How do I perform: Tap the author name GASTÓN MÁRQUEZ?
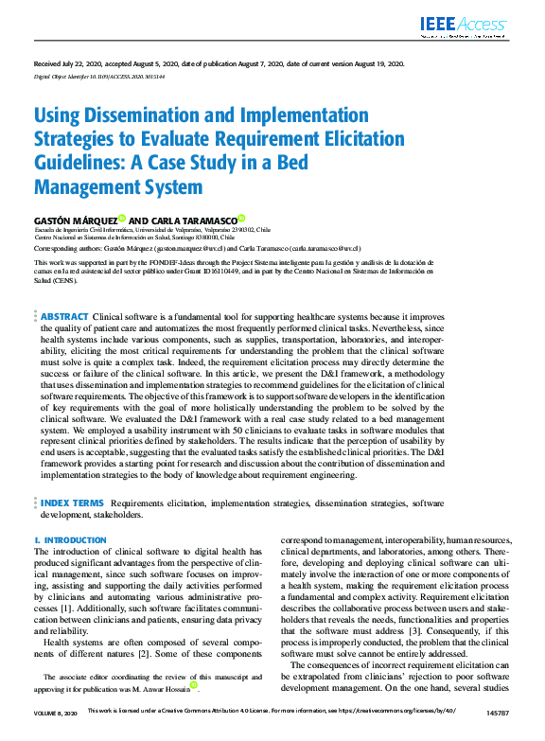(x=76, y=219)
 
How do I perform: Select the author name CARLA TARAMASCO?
(x=193, y=219)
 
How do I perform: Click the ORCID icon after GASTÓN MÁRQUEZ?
(x=122, y=218)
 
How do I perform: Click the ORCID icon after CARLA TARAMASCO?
(x=242, y=218)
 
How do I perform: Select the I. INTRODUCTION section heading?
(x=71, y=540)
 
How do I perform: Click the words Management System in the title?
(x=118, y=186)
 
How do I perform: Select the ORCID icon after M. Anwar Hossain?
(x=194, y=711)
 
